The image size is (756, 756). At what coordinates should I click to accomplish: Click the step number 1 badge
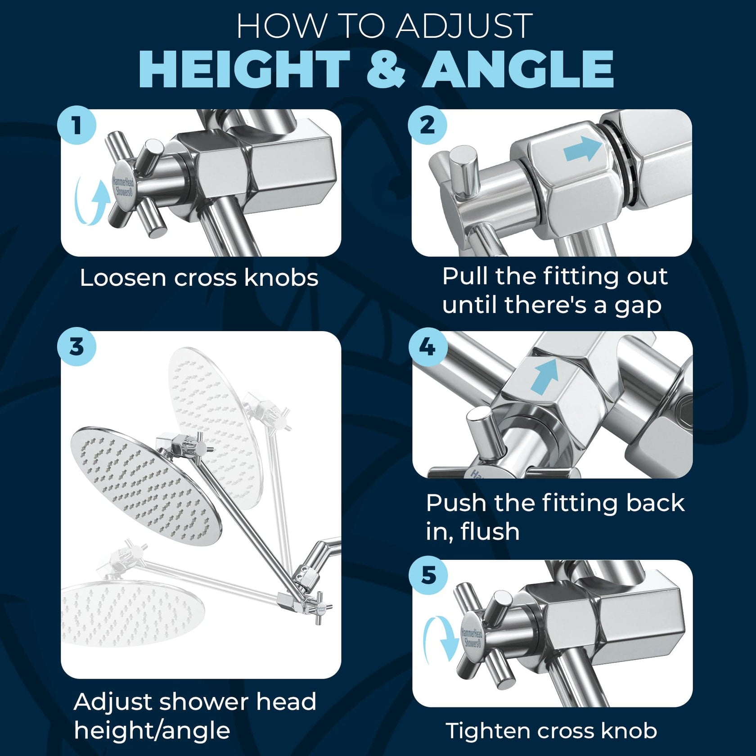click(x=76, y=125)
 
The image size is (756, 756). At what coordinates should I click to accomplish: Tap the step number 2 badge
click(x=427, y=125)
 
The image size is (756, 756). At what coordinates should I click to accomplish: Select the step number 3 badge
click(x=76, y=346)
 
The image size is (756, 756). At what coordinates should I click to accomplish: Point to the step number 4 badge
click(x=427, y=346)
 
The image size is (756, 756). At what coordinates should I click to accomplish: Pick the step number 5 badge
click(x=428, y=575)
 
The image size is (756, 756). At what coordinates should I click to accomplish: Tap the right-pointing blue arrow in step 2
click(x=582, y=149)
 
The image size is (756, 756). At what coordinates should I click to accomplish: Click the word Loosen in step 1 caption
click(x=123, y=278)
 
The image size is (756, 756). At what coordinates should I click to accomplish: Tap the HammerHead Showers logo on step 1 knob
click(x=123, y=187)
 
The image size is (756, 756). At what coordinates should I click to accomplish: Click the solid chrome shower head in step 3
click(x=146, y=486)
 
